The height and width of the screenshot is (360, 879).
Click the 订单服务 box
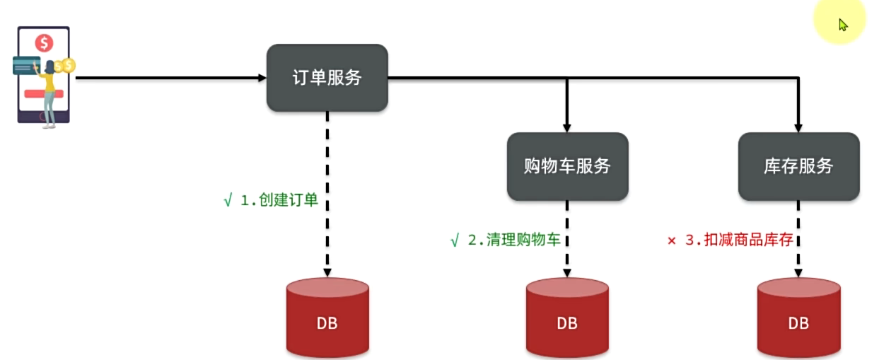(327, 78)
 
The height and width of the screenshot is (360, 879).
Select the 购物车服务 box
(567, 166)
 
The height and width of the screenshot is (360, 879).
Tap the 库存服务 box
(798, 166)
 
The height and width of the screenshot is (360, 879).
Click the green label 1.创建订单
(279, 200)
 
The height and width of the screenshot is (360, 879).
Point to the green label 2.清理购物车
(514, 240)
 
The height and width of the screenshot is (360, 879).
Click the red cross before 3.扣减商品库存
(672, 240)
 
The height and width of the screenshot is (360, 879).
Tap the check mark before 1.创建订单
(228, 200)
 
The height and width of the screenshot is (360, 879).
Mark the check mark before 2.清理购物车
(455, 240)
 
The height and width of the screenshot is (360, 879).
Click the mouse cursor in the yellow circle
(842, 25)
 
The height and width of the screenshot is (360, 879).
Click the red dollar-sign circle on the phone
(44, 43)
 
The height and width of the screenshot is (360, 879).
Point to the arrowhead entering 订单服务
(262, 78)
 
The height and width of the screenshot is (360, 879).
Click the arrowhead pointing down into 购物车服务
(567, 128)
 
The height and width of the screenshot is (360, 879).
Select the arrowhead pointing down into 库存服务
(798, 128)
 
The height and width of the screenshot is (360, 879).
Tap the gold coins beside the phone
(66, 66)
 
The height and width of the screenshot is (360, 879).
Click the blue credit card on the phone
(27, 66)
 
